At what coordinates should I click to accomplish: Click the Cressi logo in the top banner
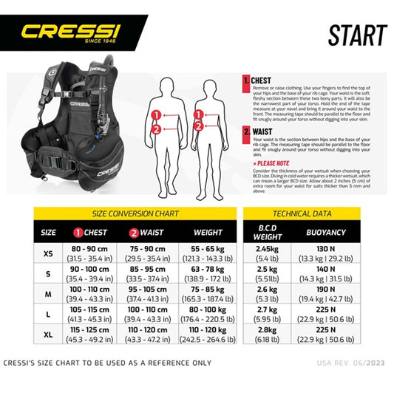click(x=69, y=33)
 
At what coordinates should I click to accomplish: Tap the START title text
click(x=357, y=35)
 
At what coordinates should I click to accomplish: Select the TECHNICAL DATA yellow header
click(x=301, y=213)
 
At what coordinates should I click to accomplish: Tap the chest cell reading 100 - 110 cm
click(x=89, y=294)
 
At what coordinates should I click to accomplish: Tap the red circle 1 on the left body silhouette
click(x=156, y=115)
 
